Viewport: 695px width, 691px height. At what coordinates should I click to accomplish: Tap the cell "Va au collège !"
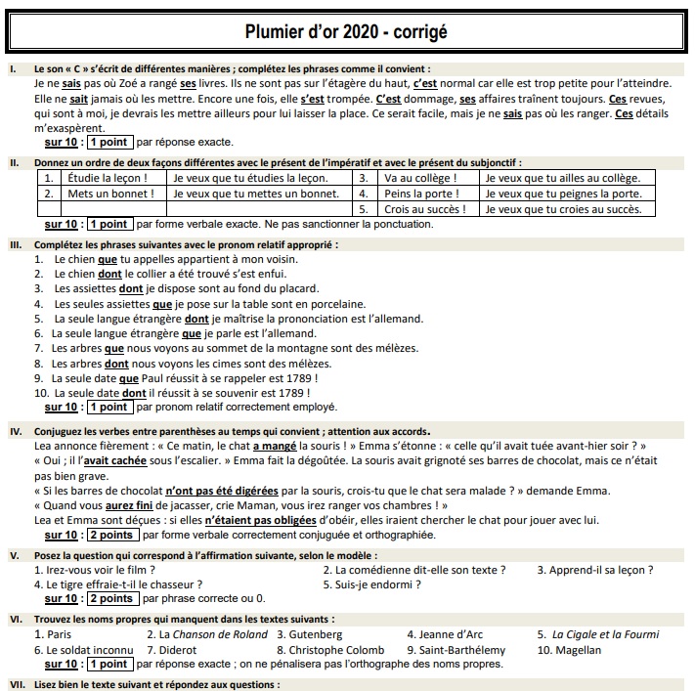pyautogui.click(x=420, y=178)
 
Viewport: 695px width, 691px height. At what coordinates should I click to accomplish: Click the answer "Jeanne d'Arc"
pyautogui.click(x=443, y=634)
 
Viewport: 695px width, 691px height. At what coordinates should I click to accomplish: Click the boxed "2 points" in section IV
pyautogui.click(x=110, y=535)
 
